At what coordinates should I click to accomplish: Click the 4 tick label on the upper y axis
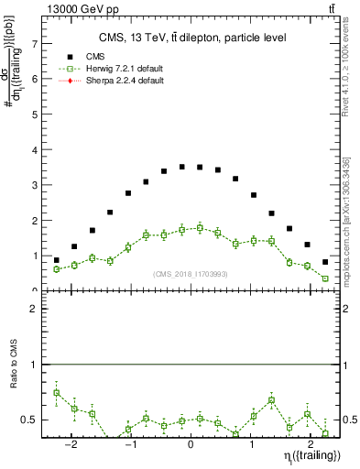tap(34, 149)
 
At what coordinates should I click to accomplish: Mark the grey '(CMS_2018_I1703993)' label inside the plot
tap(190, 274)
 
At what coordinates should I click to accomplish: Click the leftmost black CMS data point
tap(57, 260)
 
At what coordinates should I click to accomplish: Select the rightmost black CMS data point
tap(325, 262)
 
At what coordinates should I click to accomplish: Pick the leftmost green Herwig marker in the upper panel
tap(57, 269)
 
